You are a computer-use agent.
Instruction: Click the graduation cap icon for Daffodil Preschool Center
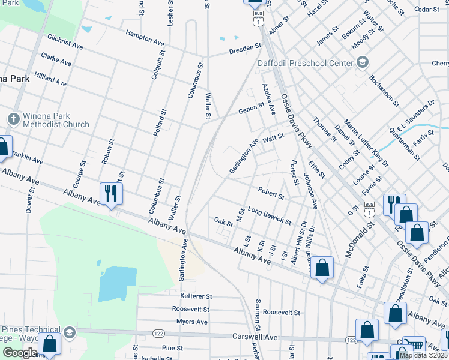pos(362,62)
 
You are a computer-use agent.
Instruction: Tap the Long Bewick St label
pos(270,215)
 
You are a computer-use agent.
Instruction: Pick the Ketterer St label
pos(196,296)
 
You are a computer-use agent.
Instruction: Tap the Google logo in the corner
pos(20,353)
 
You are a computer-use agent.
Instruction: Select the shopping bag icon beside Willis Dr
pos(322,268)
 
